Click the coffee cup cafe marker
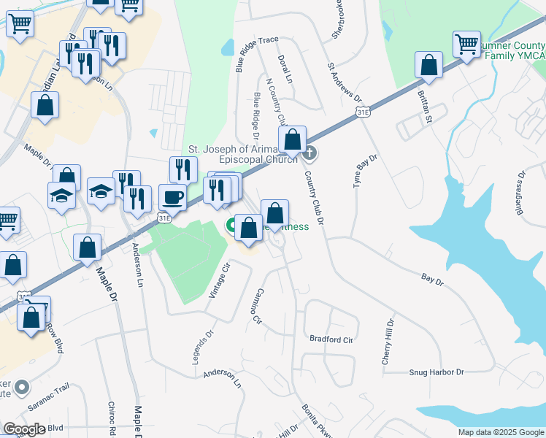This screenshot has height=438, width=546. (172, 197)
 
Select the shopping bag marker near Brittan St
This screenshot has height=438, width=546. (429, 66)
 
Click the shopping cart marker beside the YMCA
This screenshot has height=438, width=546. (466, 43)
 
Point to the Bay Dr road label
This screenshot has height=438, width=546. (433, 277)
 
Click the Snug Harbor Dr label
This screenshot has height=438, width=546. (436, 372)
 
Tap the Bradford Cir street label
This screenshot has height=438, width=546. (331, 339)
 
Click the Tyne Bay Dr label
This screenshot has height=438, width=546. (365, 172)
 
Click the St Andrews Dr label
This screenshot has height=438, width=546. (345, 83)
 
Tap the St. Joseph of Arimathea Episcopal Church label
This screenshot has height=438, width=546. (243, 153)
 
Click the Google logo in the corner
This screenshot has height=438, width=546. (24, 429)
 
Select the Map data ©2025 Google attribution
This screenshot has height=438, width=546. (501, 432)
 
